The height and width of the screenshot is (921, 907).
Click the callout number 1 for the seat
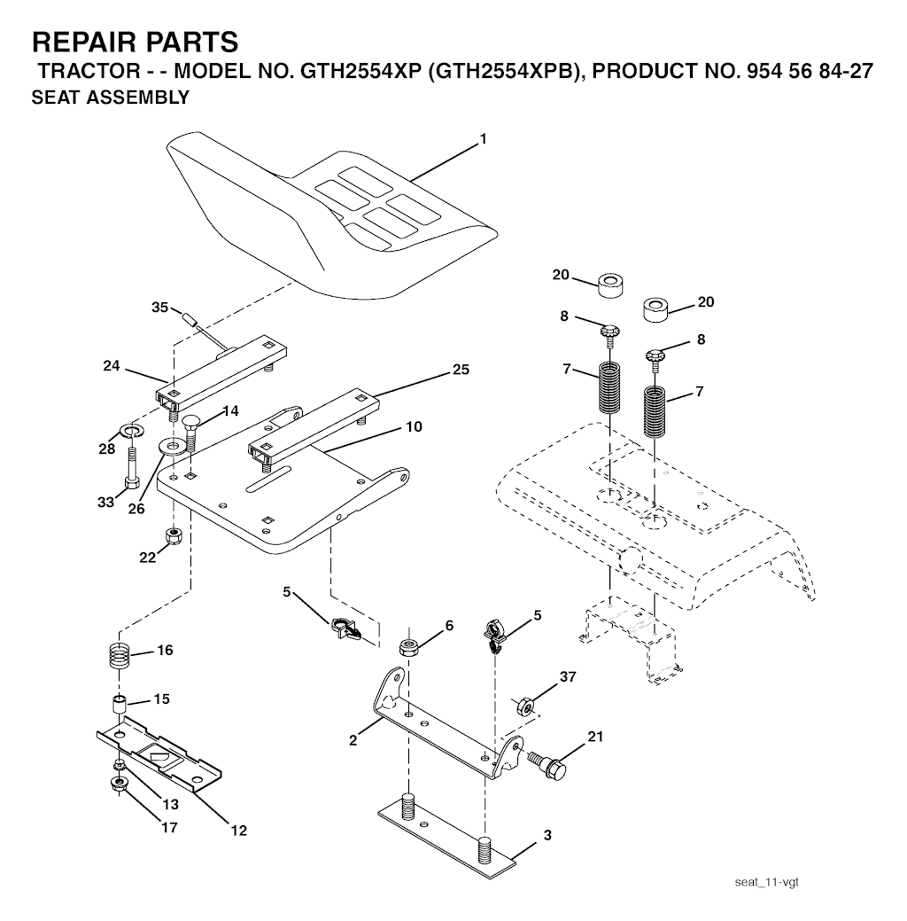483,139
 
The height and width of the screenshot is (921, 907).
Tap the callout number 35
159,308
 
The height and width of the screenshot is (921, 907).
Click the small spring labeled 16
120,654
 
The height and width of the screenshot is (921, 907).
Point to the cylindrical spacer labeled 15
120,705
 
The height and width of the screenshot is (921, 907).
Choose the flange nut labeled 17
120,784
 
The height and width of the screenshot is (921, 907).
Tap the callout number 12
239,831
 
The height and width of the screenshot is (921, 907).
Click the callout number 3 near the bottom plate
547,835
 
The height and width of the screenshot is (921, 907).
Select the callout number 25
461,370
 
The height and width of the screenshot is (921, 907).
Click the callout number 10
414,426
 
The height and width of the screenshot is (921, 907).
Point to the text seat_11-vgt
767,882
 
